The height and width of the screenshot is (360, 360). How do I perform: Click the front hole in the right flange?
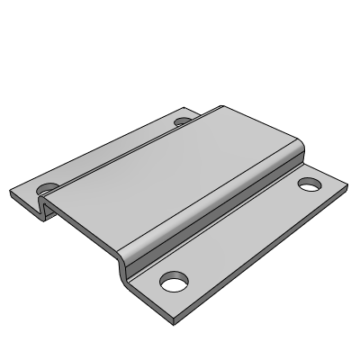171,283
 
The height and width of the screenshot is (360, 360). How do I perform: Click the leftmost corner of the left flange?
11,192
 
